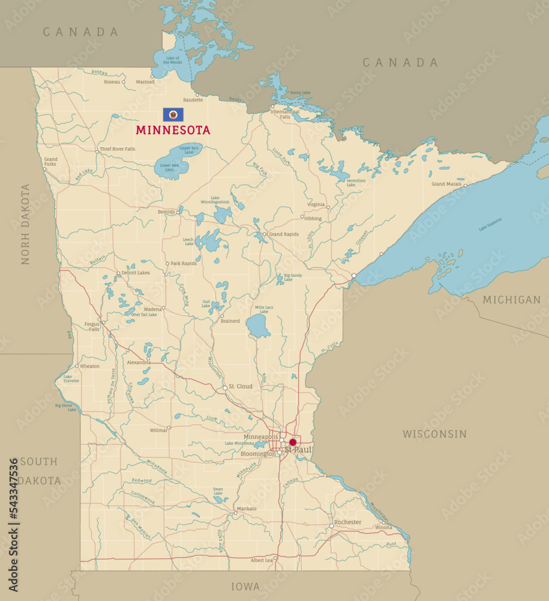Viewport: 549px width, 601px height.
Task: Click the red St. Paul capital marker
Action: click(293, 442)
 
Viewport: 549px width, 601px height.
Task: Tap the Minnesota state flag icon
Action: click(173, 115)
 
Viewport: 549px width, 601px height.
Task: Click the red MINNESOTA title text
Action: click(173, 130)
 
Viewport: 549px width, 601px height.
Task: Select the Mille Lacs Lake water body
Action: click(259, 326)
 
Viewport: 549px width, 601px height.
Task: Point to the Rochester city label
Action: click(348, 522)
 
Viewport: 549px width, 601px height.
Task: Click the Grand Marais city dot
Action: click(465, 185)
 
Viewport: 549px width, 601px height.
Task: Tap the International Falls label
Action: click(285, 114)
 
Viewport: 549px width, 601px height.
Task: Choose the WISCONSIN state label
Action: click(434, 434)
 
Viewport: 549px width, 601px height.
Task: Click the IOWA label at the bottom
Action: click(246, 587)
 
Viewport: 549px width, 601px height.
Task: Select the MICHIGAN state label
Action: click(512, 299)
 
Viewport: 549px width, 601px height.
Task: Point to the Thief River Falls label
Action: click(118, 149)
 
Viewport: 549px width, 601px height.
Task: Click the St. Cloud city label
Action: click(241, 386)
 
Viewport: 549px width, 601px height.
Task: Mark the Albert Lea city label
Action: click(262, 560)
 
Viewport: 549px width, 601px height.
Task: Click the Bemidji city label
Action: click(166, 212)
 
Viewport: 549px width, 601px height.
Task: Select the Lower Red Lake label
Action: click(169, 168)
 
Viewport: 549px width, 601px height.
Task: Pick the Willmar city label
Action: click(158, 430)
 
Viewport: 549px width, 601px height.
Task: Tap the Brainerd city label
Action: click(230, 321)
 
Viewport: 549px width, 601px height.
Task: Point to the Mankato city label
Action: click(247, 508)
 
